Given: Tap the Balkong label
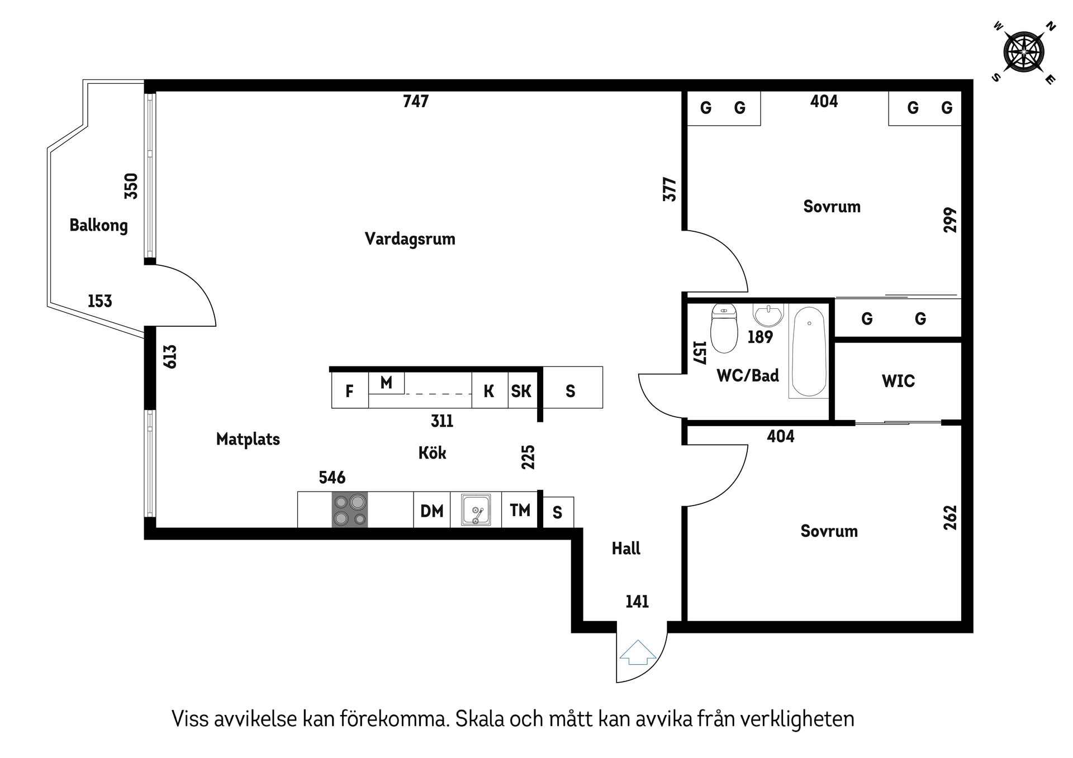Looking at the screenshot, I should pos(98,225).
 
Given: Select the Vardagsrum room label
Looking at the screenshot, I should pos(410,239).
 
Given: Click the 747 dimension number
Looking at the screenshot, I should pos(416,101).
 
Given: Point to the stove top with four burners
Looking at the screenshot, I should pos(350,509).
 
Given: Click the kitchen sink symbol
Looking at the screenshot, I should pos(476,509).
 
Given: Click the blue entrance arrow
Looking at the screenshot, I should pos(638,653).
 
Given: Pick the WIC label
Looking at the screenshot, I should pos(898,381).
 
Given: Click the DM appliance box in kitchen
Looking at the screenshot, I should pos(431,511).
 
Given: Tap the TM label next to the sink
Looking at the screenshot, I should pos(520,510).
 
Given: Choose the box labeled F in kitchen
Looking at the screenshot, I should pos(349,391).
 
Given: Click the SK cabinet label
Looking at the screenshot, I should pos(521,391).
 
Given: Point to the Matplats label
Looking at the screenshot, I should pos(248,440).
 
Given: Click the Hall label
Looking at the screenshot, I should pos(625,549).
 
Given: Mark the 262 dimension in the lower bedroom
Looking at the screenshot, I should pos(949,517).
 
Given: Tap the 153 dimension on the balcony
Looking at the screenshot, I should pos(99,302).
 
